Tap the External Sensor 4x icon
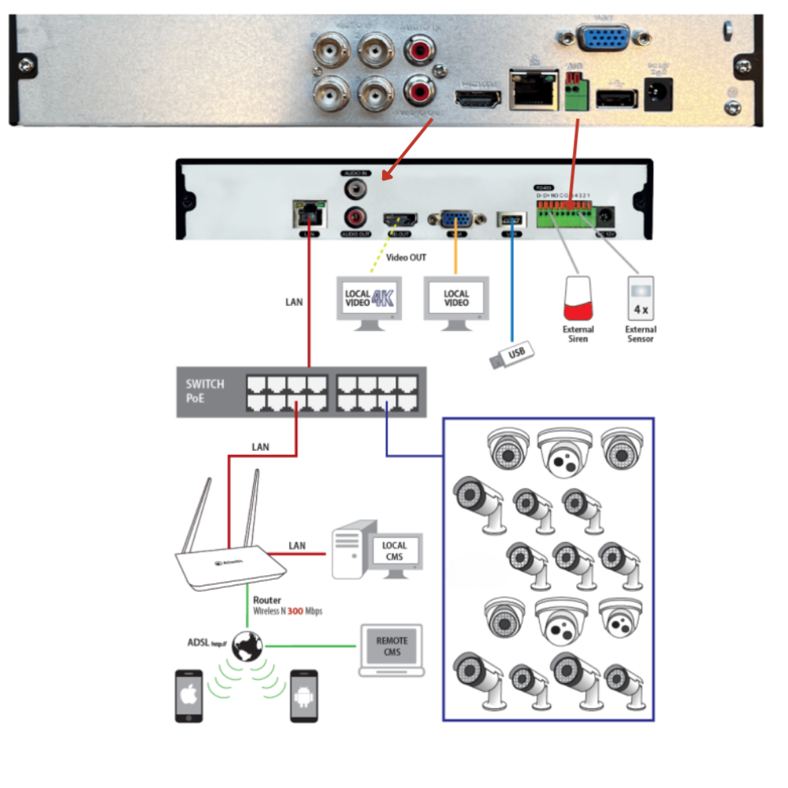tap(641, 295)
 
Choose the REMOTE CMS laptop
tap(392, 650)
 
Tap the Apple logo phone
tap(188, 695)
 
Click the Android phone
tap(303, 695)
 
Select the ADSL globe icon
tap(247, 647)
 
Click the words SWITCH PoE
tap(205, 391)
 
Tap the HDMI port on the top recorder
tap(478, 98)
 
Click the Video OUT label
tap(406, 258)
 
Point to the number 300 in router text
tap(295, 611)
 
